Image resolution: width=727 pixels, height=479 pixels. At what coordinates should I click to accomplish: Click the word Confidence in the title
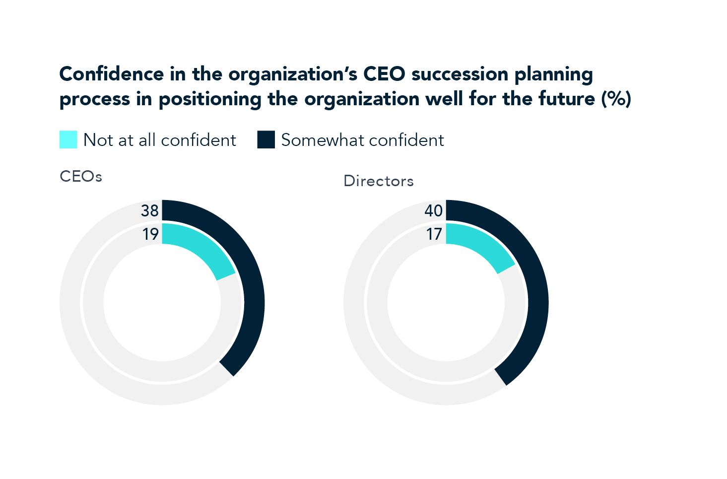[x=111, y=74]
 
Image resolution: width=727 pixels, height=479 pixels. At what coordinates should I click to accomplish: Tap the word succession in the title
[x=460, y=74]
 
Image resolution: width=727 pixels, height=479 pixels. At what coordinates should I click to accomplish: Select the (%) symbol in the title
[x=616, y=99]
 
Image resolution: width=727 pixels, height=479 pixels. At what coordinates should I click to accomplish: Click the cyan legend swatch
[x=68, y=139]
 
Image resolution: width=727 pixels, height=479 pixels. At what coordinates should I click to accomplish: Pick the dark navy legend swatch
[x=266, y=139]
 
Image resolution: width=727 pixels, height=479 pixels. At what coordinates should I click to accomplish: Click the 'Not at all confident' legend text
[x=159, y=140]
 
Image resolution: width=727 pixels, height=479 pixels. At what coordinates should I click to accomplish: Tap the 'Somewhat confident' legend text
[x=362, y=140]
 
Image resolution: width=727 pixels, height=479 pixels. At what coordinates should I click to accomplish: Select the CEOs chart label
[x=81, y=177]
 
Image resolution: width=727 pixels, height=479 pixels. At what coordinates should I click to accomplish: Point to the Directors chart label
[x=378, y=181]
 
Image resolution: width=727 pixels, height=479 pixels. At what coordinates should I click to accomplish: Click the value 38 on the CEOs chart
[x=149, y=211]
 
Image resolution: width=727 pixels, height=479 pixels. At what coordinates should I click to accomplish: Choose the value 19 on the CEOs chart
[x=150, y=234]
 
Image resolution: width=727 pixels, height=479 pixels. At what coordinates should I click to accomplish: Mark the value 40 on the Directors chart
[x=433, y=211]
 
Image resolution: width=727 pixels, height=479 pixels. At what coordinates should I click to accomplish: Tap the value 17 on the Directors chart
[x=434, y=234]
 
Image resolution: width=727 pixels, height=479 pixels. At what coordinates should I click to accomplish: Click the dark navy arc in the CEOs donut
[x=253, y=303]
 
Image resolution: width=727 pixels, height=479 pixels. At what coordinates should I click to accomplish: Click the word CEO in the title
[x=385, y=74]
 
